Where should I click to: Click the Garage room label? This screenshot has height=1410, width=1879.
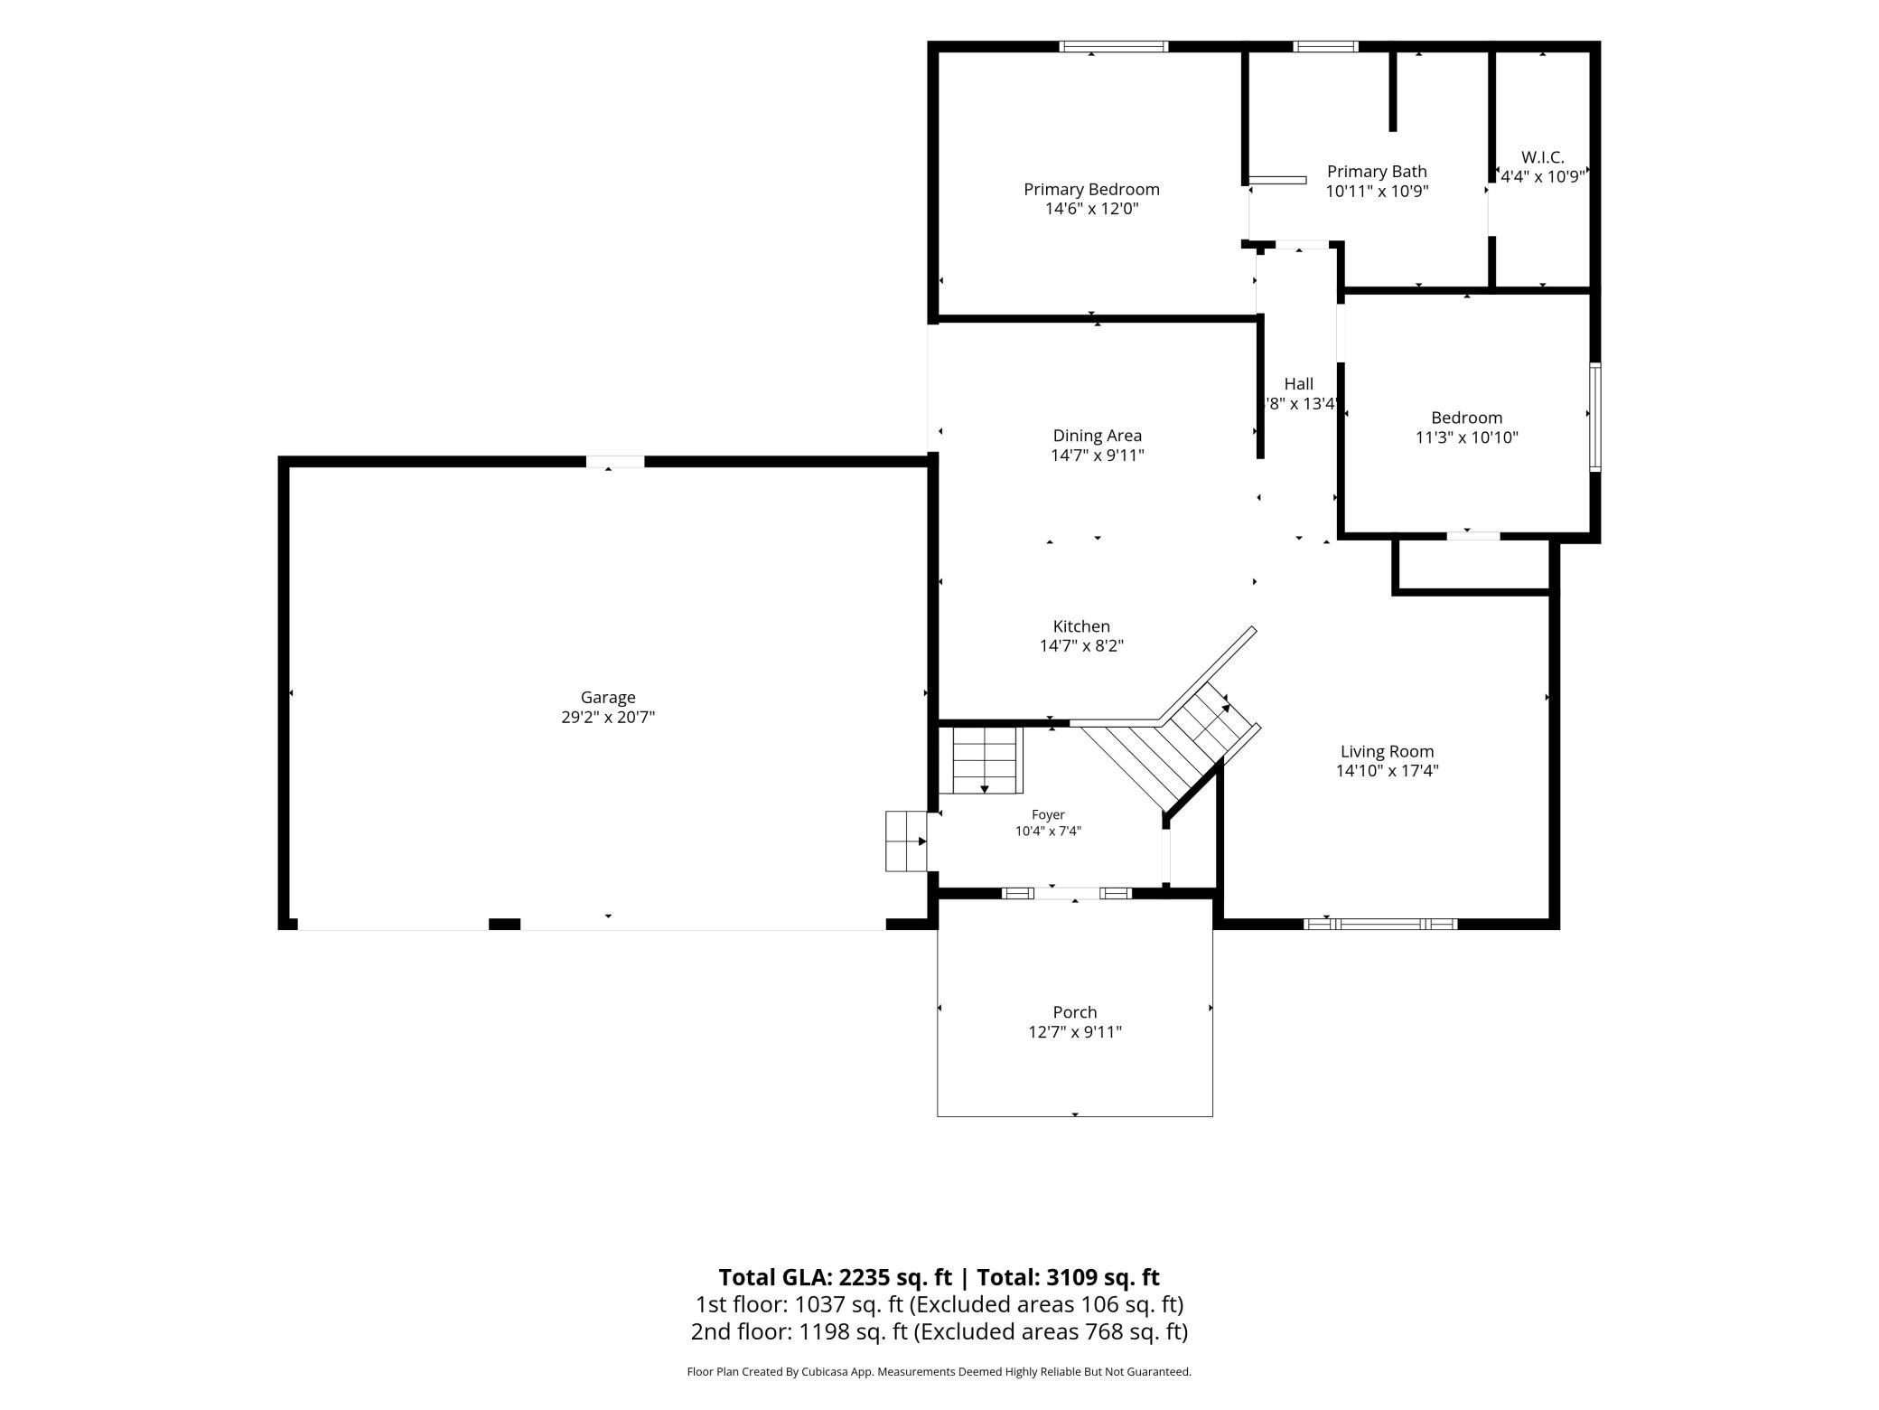click(x=608, y=697)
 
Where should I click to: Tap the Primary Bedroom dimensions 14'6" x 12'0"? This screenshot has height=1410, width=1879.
click(x=1091, y=209)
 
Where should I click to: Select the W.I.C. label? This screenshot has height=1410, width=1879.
click(x=1542, y=157)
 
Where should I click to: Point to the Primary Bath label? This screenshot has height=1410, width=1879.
click(x=1377, y=171)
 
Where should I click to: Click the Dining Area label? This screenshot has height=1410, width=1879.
click(x=1097, y=436)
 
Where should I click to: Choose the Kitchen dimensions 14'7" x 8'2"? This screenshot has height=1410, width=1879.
click(x=1081, y=645)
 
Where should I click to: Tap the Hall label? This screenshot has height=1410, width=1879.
click(x=1298, y=384)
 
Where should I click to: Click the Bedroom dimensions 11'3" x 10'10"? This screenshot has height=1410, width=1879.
click(x=1466, y=437)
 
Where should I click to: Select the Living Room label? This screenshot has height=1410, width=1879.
click(x=1387, y=751)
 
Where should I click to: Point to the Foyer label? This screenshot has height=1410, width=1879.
click(x=1048, y=814)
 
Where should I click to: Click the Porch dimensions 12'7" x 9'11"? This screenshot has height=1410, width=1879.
click(x=1075, y=1031)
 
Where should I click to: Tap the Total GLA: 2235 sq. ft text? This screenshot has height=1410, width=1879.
click(x=835, y=1277)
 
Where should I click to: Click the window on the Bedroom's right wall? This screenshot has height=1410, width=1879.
click(x=1595, y=417)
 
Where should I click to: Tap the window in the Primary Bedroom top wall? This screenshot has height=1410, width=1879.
click(x=1114, y=46)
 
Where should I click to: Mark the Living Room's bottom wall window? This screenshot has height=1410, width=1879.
click(x=1380, y=924)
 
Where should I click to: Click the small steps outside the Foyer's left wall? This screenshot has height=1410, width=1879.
click(x=907, y=841)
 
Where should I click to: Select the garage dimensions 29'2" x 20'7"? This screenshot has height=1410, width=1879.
click(x=608, y=717)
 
